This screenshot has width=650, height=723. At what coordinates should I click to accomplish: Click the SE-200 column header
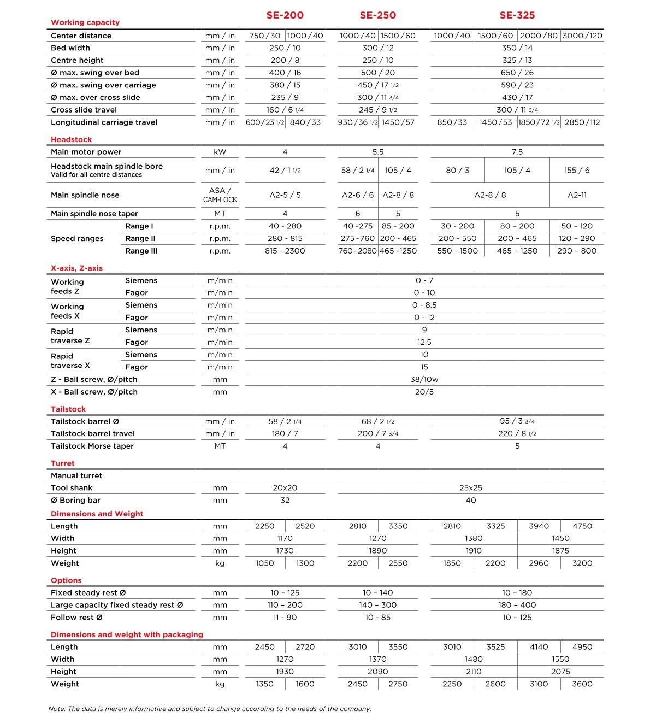pos(285,15)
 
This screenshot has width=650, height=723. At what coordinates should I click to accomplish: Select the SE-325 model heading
pos(517,15)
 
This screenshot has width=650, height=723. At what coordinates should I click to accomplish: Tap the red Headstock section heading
pos(71,139)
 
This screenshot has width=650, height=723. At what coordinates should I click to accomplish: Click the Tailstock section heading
pos(68,409)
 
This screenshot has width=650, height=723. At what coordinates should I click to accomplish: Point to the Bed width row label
pos(70,48)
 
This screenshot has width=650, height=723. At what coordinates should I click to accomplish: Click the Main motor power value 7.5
pos(517,152)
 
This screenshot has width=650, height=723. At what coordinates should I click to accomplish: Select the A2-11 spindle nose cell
pos(577,195)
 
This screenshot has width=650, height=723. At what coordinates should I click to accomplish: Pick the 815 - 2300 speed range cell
pos(285,251)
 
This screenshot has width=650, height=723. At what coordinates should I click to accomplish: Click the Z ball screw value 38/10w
pos(424,379)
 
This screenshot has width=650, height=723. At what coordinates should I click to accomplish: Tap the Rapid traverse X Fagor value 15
pos(424,367)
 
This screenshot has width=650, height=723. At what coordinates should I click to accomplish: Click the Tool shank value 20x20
pos(285,488)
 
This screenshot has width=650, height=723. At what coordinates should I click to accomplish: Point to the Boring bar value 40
pos(470,500)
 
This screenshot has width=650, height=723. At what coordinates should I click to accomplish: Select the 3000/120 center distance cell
pos(582,36)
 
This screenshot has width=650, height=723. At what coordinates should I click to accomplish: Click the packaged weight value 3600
pos(582,684)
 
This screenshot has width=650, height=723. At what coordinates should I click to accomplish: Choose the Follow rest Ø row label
pos(76,618)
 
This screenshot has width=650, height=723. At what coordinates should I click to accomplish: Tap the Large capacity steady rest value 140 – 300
pos(377,605)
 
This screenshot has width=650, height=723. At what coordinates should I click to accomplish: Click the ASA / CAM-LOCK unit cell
pos(220,195)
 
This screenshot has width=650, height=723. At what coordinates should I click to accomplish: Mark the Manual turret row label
pos(76,475)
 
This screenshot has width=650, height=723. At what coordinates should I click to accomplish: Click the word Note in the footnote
pos(57,709)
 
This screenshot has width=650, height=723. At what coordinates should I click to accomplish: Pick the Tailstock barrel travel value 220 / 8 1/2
pos(517,433)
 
